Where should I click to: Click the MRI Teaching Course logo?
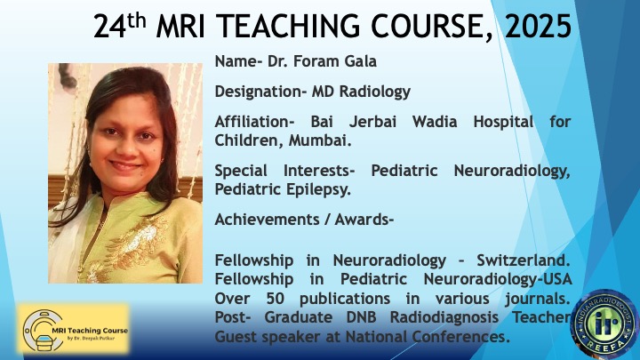(x=74, y=329)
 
